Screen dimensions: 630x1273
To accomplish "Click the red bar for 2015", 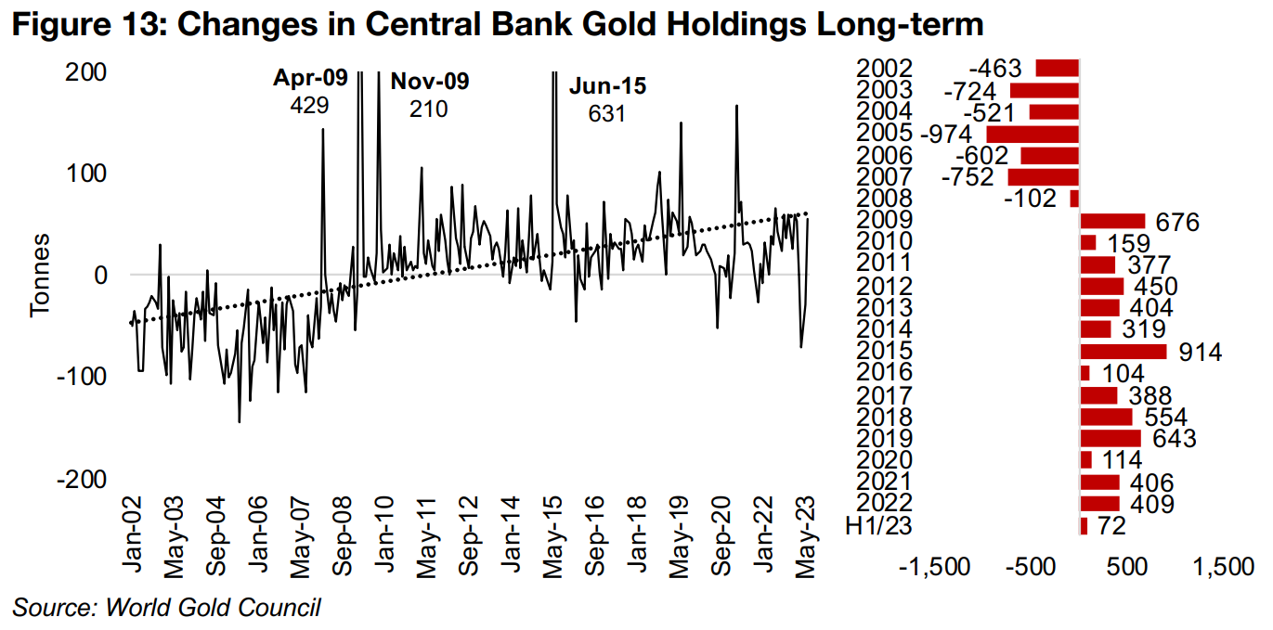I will point(1124,352).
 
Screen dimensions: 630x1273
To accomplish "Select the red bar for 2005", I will point(1033,134).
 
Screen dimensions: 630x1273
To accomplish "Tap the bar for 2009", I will point(1113,221).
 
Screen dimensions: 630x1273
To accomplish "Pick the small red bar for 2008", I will point(1074,199).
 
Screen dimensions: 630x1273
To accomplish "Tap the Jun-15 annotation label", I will point(607,87).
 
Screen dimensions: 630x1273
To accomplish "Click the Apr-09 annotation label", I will point(310,79).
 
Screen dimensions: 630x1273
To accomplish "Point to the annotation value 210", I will point(429,109).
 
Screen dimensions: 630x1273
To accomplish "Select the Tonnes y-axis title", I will point(40,275).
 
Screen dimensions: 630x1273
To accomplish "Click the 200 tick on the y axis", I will point(84,72).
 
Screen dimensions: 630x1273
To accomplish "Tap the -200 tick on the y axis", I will point(82,478).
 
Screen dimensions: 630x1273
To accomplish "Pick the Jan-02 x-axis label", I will point(134,539).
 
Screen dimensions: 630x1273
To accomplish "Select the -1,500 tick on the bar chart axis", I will point(939,567).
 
